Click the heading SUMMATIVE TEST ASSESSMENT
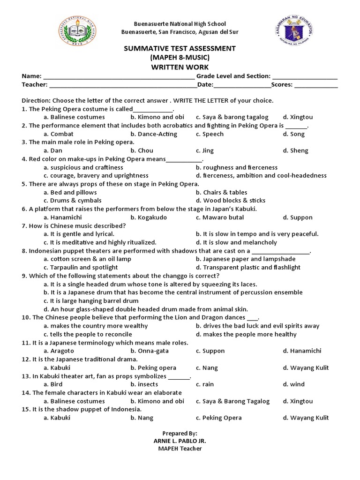coord(180,49)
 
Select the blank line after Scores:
coord(316,85)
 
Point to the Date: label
coord(205,85)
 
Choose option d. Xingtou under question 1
coord(298,117)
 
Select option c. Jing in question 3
coord(205,151)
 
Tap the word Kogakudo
coord(150,217)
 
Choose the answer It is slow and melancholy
coord(236,243)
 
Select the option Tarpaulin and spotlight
coord(80,268)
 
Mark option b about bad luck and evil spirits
coord(257,326)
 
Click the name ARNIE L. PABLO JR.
coord(180,441)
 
